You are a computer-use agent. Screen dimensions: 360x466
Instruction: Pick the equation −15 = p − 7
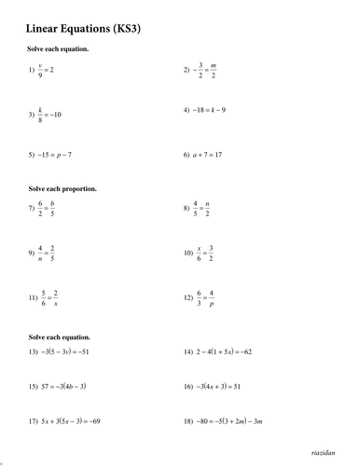53,154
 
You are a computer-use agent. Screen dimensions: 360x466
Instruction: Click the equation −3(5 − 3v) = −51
62,351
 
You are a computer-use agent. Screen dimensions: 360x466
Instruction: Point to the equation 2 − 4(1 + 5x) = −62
220,351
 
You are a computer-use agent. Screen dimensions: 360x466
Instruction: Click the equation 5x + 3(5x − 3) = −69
67,421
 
